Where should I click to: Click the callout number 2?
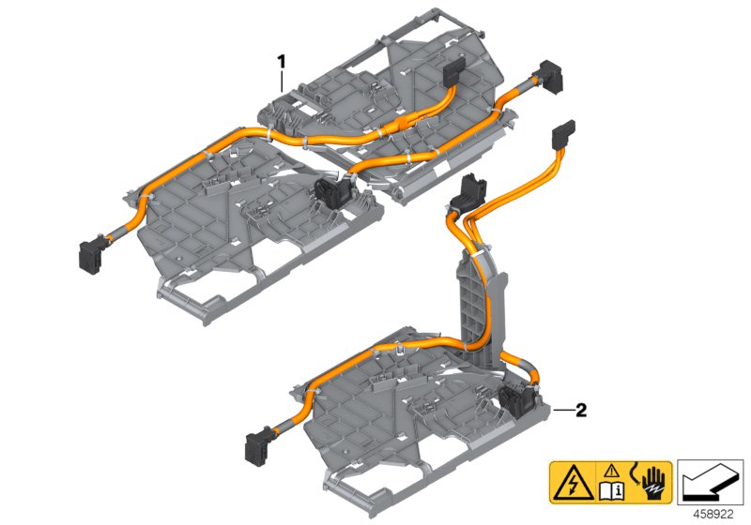[x=581, y=410]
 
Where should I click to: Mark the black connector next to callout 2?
[x=515, y=402]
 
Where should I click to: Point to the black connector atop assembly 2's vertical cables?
[x=467, y=192]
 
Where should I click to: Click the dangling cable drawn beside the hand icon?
[x=633, y=473]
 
